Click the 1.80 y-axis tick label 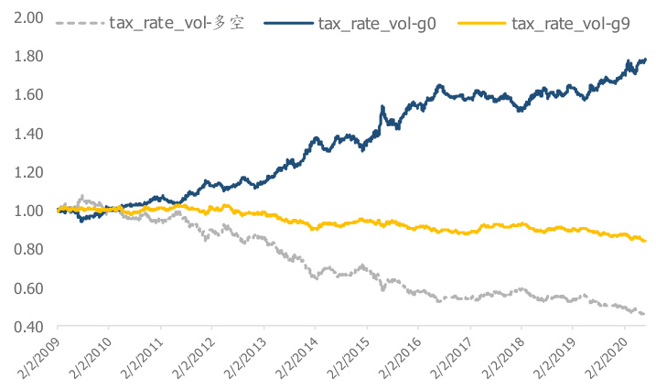[28, 57]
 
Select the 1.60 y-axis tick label [28, 95]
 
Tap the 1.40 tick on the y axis [28, 134]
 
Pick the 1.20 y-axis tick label [28, 172]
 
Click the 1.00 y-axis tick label [28, 211]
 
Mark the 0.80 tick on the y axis [28, 249]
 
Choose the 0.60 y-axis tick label [28, 288]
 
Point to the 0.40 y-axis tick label [28, 327]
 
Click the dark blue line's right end [645, 60]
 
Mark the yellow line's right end [645, 241]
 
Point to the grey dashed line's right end [645, 314]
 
